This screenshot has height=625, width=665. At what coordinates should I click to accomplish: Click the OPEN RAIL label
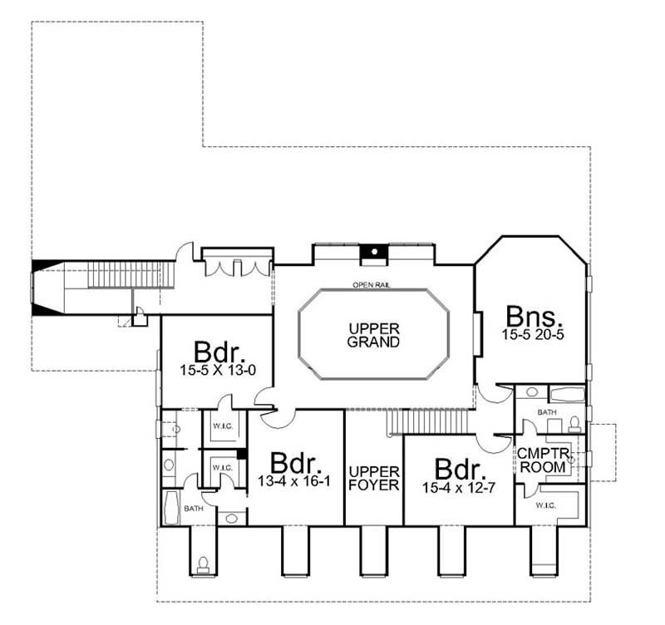[371, 285]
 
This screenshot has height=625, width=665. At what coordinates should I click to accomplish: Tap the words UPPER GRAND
[374, 335]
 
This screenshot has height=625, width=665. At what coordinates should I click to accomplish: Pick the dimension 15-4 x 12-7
[459, 487]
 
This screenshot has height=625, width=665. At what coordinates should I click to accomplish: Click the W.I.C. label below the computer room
[545, 504]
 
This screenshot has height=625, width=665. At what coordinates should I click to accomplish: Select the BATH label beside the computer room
[545, 411]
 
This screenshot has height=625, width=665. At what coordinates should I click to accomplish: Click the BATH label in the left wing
[193, 508]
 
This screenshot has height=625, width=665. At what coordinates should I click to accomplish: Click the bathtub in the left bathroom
[173, 507]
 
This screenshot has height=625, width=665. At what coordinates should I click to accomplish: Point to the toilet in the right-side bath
[575, 423]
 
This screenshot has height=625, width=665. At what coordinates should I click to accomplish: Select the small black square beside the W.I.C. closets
[242, 455]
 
